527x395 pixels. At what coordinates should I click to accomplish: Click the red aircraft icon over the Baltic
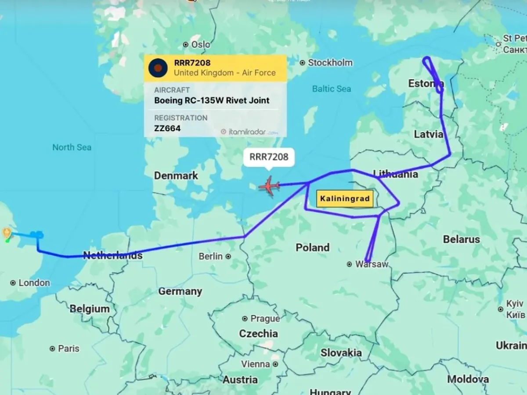(x=269, y=186)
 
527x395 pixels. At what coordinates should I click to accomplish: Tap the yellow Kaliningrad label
(x=345, y=199)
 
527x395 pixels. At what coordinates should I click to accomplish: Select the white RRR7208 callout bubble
(x=268, y=157)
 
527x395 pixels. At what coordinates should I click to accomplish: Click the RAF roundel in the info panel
(x=158, y=68)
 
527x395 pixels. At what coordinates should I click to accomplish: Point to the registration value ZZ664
(x=167, y=129)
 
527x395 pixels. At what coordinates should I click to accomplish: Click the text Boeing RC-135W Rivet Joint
(x=212, y=101)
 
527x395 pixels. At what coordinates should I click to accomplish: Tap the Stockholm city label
(x=330, y=63)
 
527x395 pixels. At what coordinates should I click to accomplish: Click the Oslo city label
(x=200, y=44)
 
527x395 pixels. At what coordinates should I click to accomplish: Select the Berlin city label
(x=211, y=256)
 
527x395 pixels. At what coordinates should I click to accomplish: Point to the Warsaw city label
(x=372, y=264)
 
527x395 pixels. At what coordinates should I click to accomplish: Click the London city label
(x=34, y=283)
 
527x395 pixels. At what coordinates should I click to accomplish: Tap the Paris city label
(x=69, y=348)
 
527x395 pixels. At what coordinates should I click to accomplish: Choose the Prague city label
(x=265, y=319)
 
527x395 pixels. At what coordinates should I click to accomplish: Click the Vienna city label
(x=256, y=364)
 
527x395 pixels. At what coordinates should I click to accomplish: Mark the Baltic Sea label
(x=332, y=89)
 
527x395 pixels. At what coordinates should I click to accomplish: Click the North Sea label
(x=72, y=147)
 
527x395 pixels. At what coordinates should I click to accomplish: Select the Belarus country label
(x=461, y=239)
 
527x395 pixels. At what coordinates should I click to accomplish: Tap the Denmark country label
(x=176, y=176)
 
